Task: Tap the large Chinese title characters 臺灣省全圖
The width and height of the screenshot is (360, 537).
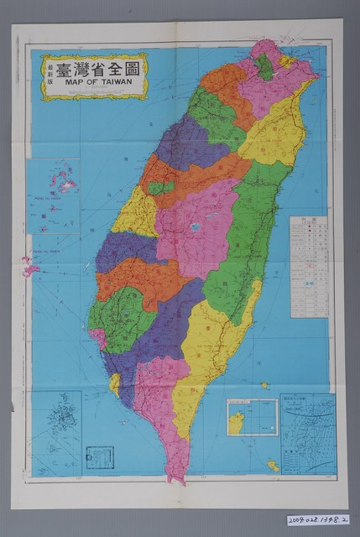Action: (99, 65)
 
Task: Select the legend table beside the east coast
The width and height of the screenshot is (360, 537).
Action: (309, 267)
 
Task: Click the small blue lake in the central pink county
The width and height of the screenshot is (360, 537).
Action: (195, 227)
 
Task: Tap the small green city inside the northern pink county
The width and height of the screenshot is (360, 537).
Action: (265, 66)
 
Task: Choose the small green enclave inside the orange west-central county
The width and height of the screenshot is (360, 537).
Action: (160, 187)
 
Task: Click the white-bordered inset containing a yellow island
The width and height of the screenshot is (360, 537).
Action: (252, 417)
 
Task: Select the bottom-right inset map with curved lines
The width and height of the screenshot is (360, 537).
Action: (308, 435)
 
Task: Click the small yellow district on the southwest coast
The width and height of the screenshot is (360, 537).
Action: (115, 383)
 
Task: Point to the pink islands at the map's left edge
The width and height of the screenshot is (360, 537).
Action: (31, 268)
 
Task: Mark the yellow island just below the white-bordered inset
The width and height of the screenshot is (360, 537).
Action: (273, 465)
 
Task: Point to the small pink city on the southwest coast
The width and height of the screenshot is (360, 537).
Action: (100, 338)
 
